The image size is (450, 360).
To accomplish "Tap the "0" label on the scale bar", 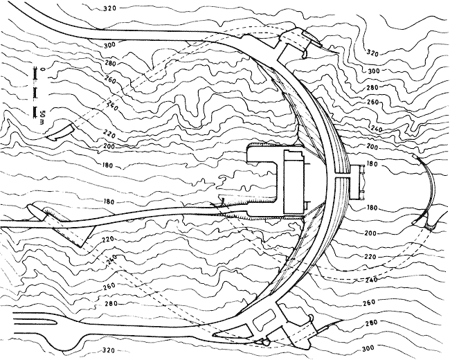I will click(x=44, y=71).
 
